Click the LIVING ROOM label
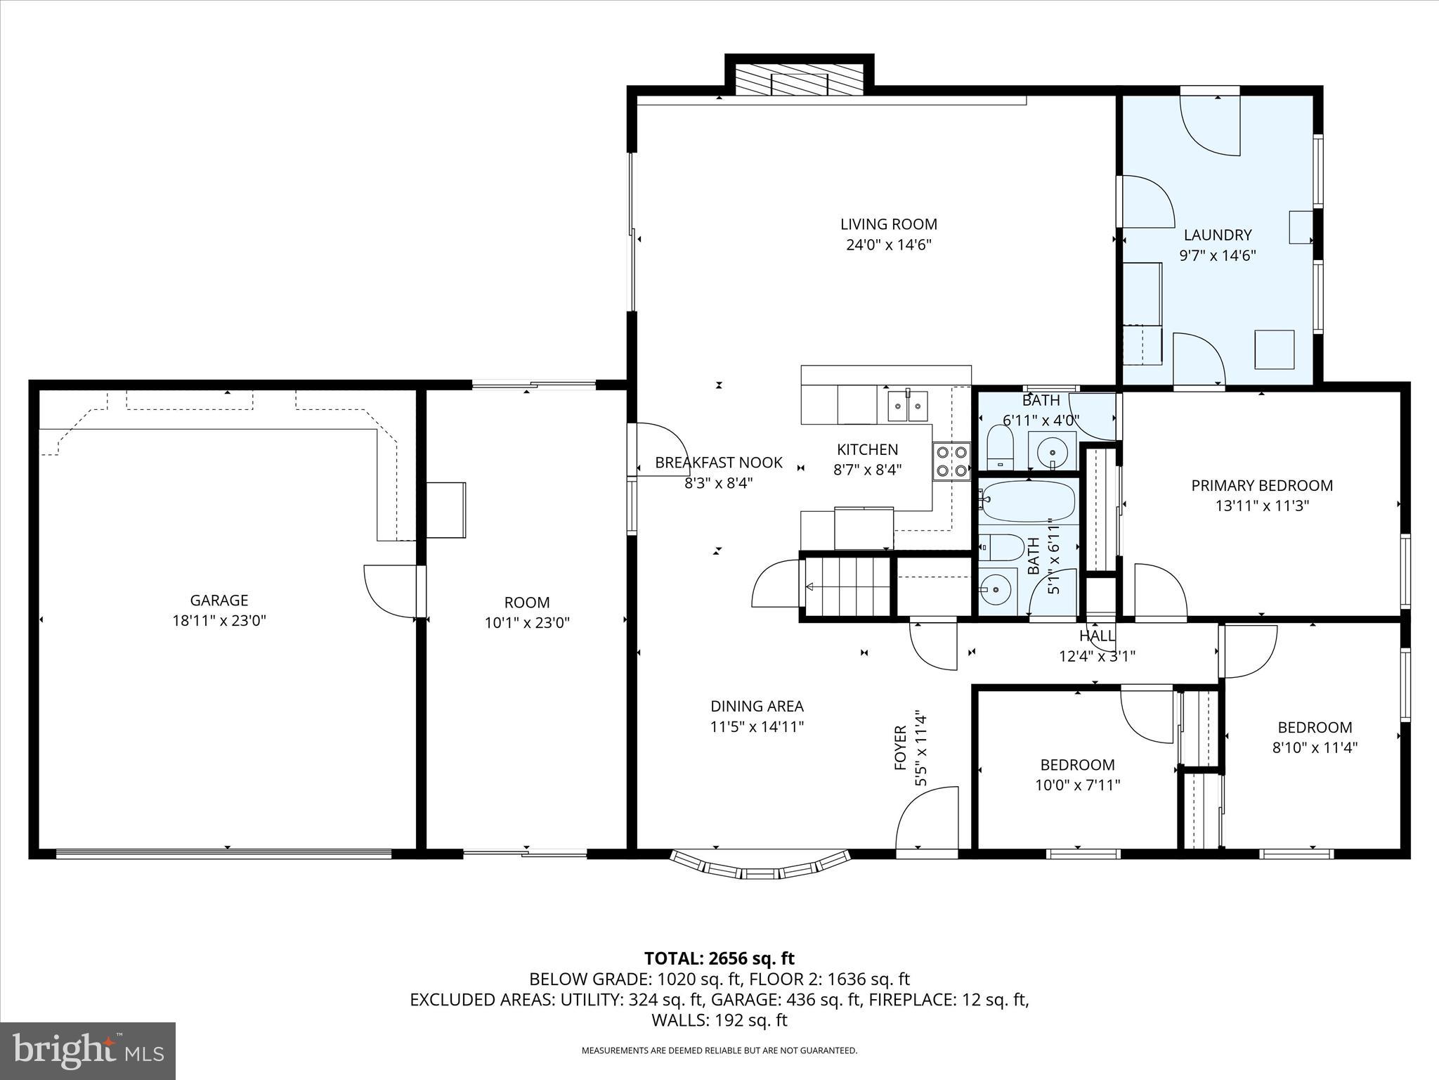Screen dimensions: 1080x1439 click(x=889, y=224)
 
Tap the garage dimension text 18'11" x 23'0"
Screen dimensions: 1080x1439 click(x=219, y=621)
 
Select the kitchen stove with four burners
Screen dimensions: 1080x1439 click(x=951, y=462)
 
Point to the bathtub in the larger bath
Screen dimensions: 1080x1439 click(x=1027, y=501)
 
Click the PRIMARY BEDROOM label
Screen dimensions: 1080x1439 click(x=1262, y=485)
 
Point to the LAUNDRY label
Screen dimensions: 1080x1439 click(x=1218, y=235)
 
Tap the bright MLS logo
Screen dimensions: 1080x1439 click(x=88, y=1050)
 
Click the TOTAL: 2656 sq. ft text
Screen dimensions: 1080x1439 click(x=719, y=958)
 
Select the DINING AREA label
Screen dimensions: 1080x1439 click(x=757, y=706)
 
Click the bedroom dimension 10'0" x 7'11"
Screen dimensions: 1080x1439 click(x=1077, y=785)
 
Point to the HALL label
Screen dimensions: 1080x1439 click(x=1097, y=636)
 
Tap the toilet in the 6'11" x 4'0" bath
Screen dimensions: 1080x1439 click(x=998, y=447)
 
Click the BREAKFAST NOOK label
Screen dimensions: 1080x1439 click(x=719, y=462)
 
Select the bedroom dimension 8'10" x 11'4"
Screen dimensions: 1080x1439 click(x=1315, y=747)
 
